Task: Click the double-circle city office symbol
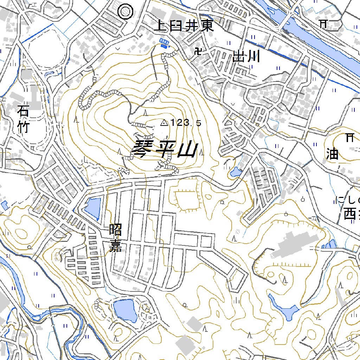[x=125, y=12]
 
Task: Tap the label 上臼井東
[x=184, y=26]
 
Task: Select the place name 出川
[x=246, y=56]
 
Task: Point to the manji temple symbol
[x=198, y=52]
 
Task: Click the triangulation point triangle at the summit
[x=164, y=123]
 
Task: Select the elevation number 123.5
[x=186, y=123]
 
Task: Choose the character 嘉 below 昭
[x=115, y=246]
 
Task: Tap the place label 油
[x=332, y=153]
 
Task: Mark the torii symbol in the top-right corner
[x=322, y=24]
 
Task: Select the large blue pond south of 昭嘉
[x=125, y=310]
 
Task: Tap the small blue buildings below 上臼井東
[x=164, y=42]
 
